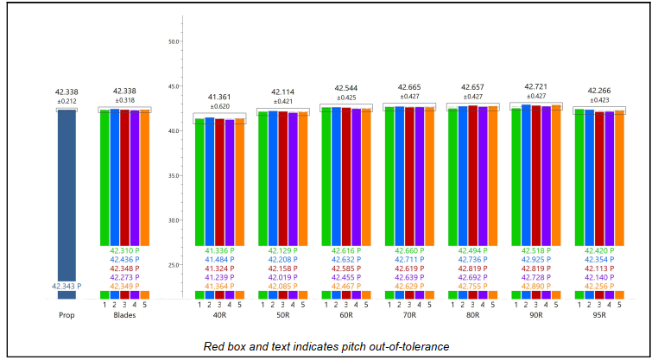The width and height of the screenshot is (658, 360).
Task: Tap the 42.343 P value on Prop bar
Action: [x=66, y=286]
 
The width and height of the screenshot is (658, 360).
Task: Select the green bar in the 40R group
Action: [x=199, y=181]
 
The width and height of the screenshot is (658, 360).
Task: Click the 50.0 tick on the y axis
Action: [x=174, y=41]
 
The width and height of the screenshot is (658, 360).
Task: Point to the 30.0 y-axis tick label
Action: [x=174, y=220]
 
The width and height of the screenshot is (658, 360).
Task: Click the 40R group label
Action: [x=220, y=315]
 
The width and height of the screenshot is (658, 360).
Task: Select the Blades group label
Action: [x=124, y=315]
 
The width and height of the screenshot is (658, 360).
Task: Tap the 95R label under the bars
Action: [x=599, y=315]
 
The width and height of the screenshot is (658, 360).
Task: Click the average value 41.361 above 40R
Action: [x=220, y=97]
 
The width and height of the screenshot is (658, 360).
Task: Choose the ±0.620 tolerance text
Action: [x=220, y=105]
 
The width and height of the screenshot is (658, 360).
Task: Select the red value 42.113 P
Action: [x=599, y=268]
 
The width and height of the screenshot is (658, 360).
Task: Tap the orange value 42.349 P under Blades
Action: [x=124, y=286]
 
